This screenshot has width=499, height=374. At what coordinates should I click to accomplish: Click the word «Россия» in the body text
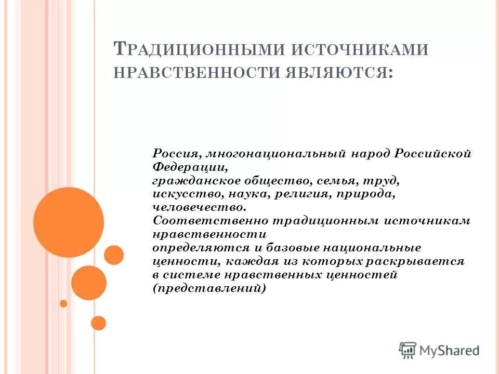pos(176,154)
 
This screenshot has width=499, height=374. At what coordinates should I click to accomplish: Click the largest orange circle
pos(69,222)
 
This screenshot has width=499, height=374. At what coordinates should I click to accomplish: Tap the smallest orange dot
pos(63,303)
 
